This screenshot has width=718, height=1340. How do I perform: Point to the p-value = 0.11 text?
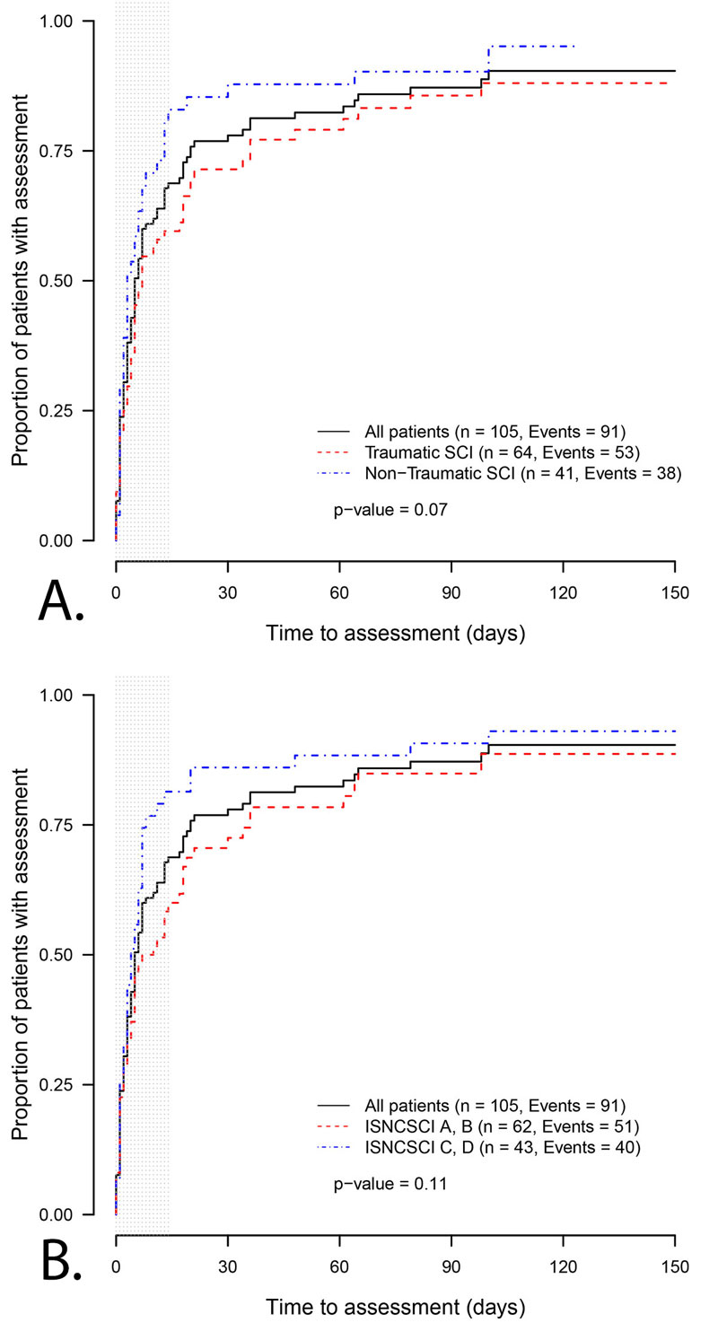pyautogui.click(x=390, y=1184)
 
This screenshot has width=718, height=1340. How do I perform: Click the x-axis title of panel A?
pyautogui.click(x=395, y=633)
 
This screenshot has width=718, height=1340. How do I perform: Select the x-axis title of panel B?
pyautogui.click(x=395, y=1306)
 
